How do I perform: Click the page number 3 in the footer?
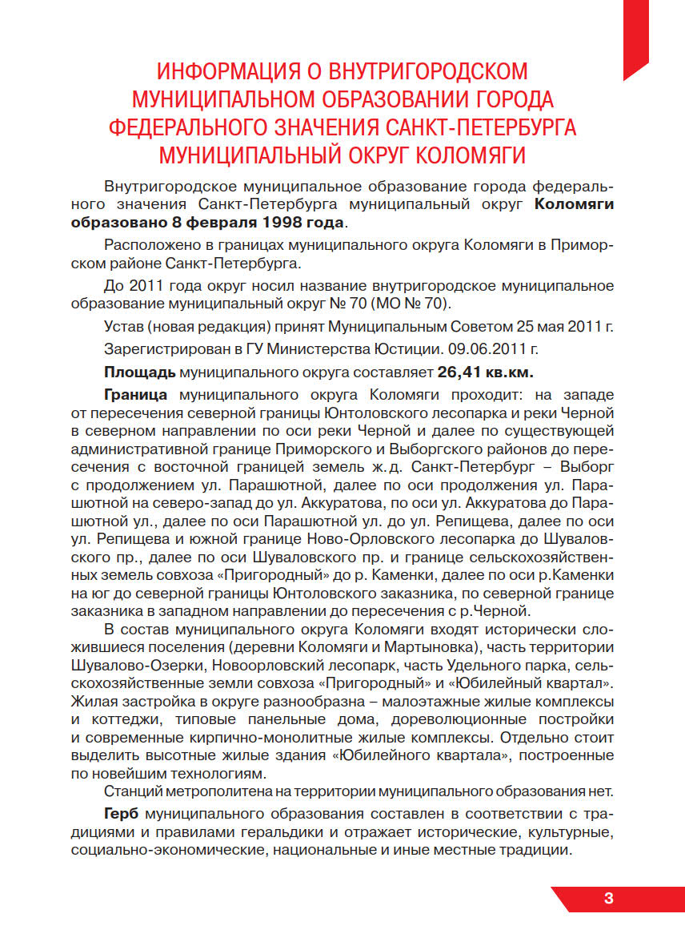point(609,898)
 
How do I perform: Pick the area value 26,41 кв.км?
point(486,372)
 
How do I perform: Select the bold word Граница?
point(135,395)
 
